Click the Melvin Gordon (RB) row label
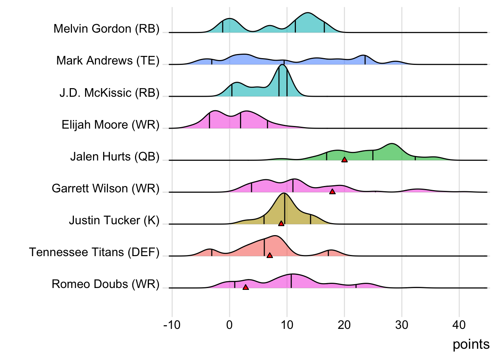coord(106,29)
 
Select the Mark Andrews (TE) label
coord(108,61)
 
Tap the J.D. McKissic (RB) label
coord(109,93)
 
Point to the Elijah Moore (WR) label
coord(111,124)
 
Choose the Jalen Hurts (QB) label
coord(115,156)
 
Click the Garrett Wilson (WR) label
coord(106,188)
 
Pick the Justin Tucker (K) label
coord(114,220)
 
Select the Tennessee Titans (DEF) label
coord(94,252)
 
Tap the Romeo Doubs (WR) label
coord(106,284)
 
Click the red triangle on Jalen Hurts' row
coord(344,160)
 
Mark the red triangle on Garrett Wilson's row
coord(332,192)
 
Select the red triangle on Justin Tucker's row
coord(281,223)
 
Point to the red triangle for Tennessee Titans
coord(270,255)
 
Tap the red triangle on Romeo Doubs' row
coord(246,287)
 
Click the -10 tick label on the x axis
coord(172,325)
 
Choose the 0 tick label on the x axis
coord(229,325)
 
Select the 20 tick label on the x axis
coord(344,325)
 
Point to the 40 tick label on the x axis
coord(459,325)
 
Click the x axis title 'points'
coord(471,344)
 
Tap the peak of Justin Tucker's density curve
coord(284,193)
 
